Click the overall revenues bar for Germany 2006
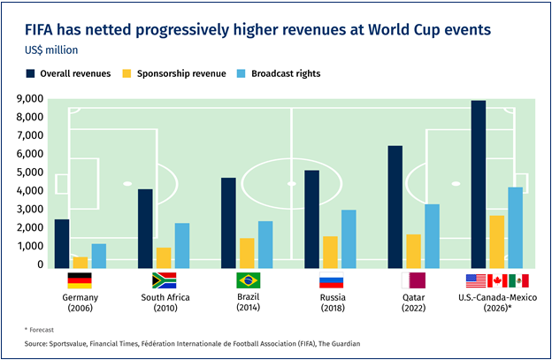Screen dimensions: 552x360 62,244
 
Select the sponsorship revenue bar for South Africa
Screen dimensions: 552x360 164,258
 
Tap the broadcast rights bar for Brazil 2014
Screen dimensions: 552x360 265,245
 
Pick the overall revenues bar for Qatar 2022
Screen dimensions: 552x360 395,207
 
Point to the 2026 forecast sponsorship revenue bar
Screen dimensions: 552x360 497,242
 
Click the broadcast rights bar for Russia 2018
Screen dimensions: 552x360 349,240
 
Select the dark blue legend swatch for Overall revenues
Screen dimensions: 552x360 30,73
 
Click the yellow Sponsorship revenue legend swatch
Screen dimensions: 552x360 126,73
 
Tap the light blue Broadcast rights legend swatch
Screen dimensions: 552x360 241,73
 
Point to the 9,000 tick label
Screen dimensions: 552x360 30,98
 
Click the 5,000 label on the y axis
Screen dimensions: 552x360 30,172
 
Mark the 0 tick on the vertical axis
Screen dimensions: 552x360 41,264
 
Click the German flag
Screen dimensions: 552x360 80,280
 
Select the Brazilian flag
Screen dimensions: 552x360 249,280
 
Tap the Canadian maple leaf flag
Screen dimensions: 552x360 497,280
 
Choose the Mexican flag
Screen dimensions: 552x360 518,280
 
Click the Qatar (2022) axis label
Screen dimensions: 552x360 414,303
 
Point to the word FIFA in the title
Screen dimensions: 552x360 39,30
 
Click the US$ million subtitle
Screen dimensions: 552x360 51,50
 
